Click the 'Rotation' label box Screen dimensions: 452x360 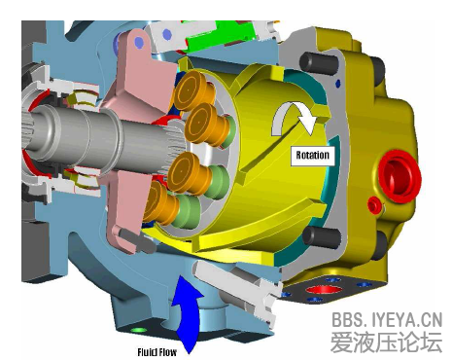[313, 156]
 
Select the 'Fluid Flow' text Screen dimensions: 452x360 [156, 352]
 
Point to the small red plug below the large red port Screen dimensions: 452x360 [375, 205]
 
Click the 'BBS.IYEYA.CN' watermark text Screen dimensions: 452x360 [387, 319]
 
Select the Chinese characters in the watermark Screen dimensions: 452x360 [387, 342]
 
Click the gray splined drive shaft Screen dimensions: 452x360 [97, 138]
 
